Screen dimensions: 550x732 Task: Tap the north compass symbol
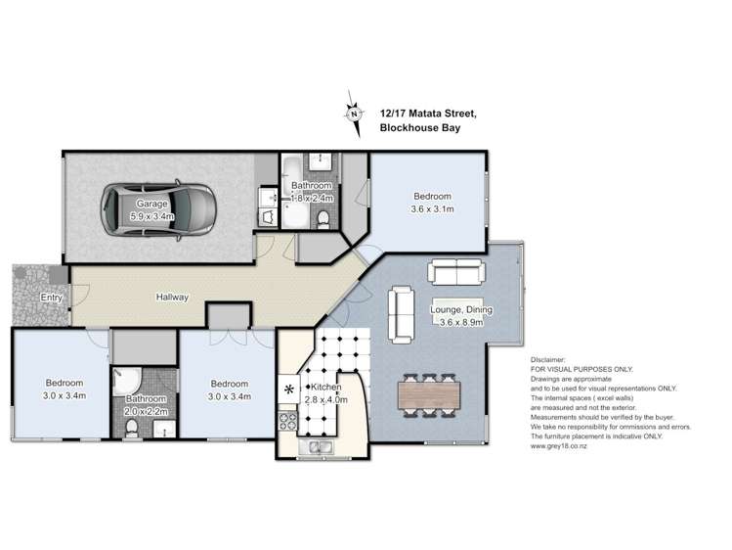(352, 112)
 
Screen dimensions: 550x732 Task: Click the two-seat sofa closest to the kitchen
(402, 310)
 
